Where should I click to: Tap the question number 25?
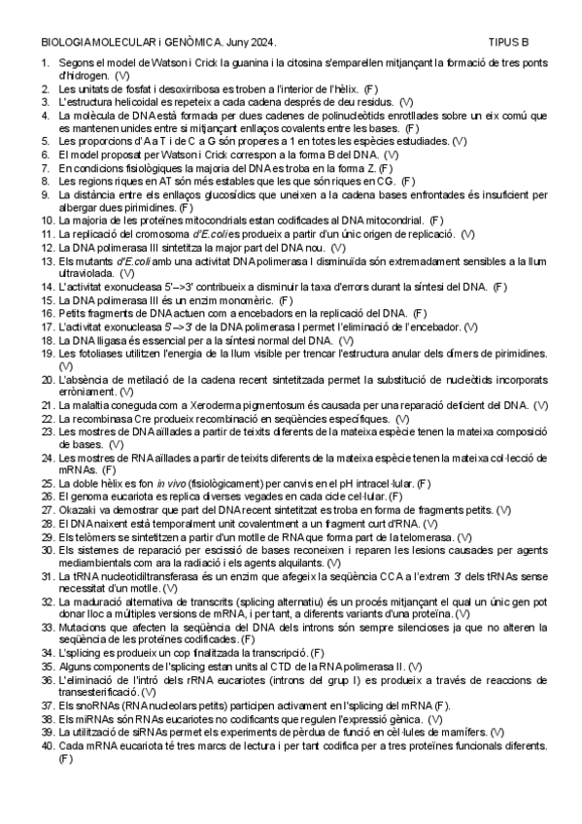coord(48,483)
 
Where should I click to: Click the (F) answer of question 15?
coord(285,299)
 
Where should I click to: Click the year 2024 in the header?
coord(265,43)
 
